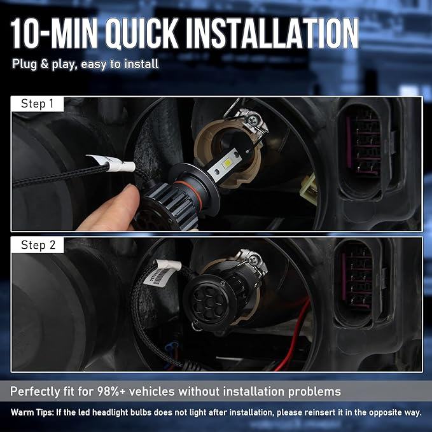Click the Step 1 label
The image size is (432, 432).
pyautogui.click(x=37, y=104)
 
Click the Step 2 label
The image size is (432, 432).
pyautogui.click(x=38, y=245)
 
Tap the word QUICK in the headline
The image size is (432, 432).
pyautogui.click(x=143, y=34)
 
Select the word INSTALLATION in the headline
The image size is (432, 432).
pyautogui.click(x=272, y=33)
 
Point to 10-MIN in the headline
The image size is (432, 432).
pyautogui.click(x=54, y=33)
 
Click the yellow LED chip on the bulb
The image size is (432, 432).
pyautogui.click(x=228, y=164)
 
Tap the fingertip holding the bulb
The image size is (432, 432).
pyautogui.click(x=130, y=193)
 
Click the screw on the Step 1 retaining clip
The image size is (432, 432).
pyautogui.click(x=252, y=120)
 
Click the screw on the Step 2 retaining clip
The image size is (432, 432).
pyautogui.click(x=253, y=259)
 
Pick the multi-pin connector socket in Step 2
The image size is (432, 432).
pyautogui.click(x=357, y=284)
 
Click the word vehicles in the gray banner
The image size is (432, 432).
pyautogui.click(x=152, y=391)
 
